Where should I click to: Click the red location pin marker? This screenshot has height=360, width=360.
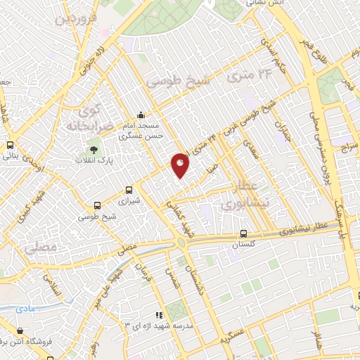pyautogui.click(x=180, y=165)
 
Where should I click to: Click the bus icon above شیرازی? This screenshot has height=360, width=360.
pyautogui.click(x=129, y=190)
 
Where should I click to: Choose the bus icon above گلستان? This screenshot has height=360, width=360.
pyautogui.click(x=243, y=233)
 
